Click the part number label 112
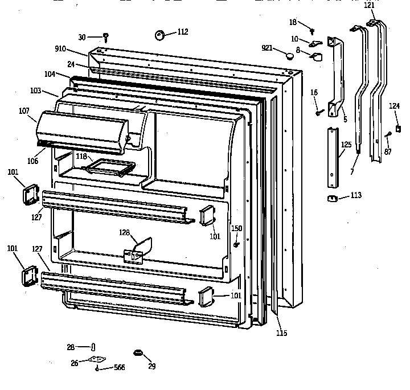(182, 32)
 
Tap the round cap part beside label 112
(159, 35)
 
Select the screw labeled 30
(106, 38)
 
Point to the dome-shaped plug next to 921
(290, 55)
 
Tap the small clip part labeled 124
(398, 129)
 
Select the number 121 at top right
(370, 5)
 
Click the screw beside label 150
(236, 244)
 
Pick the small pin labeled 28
(93, 347)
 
